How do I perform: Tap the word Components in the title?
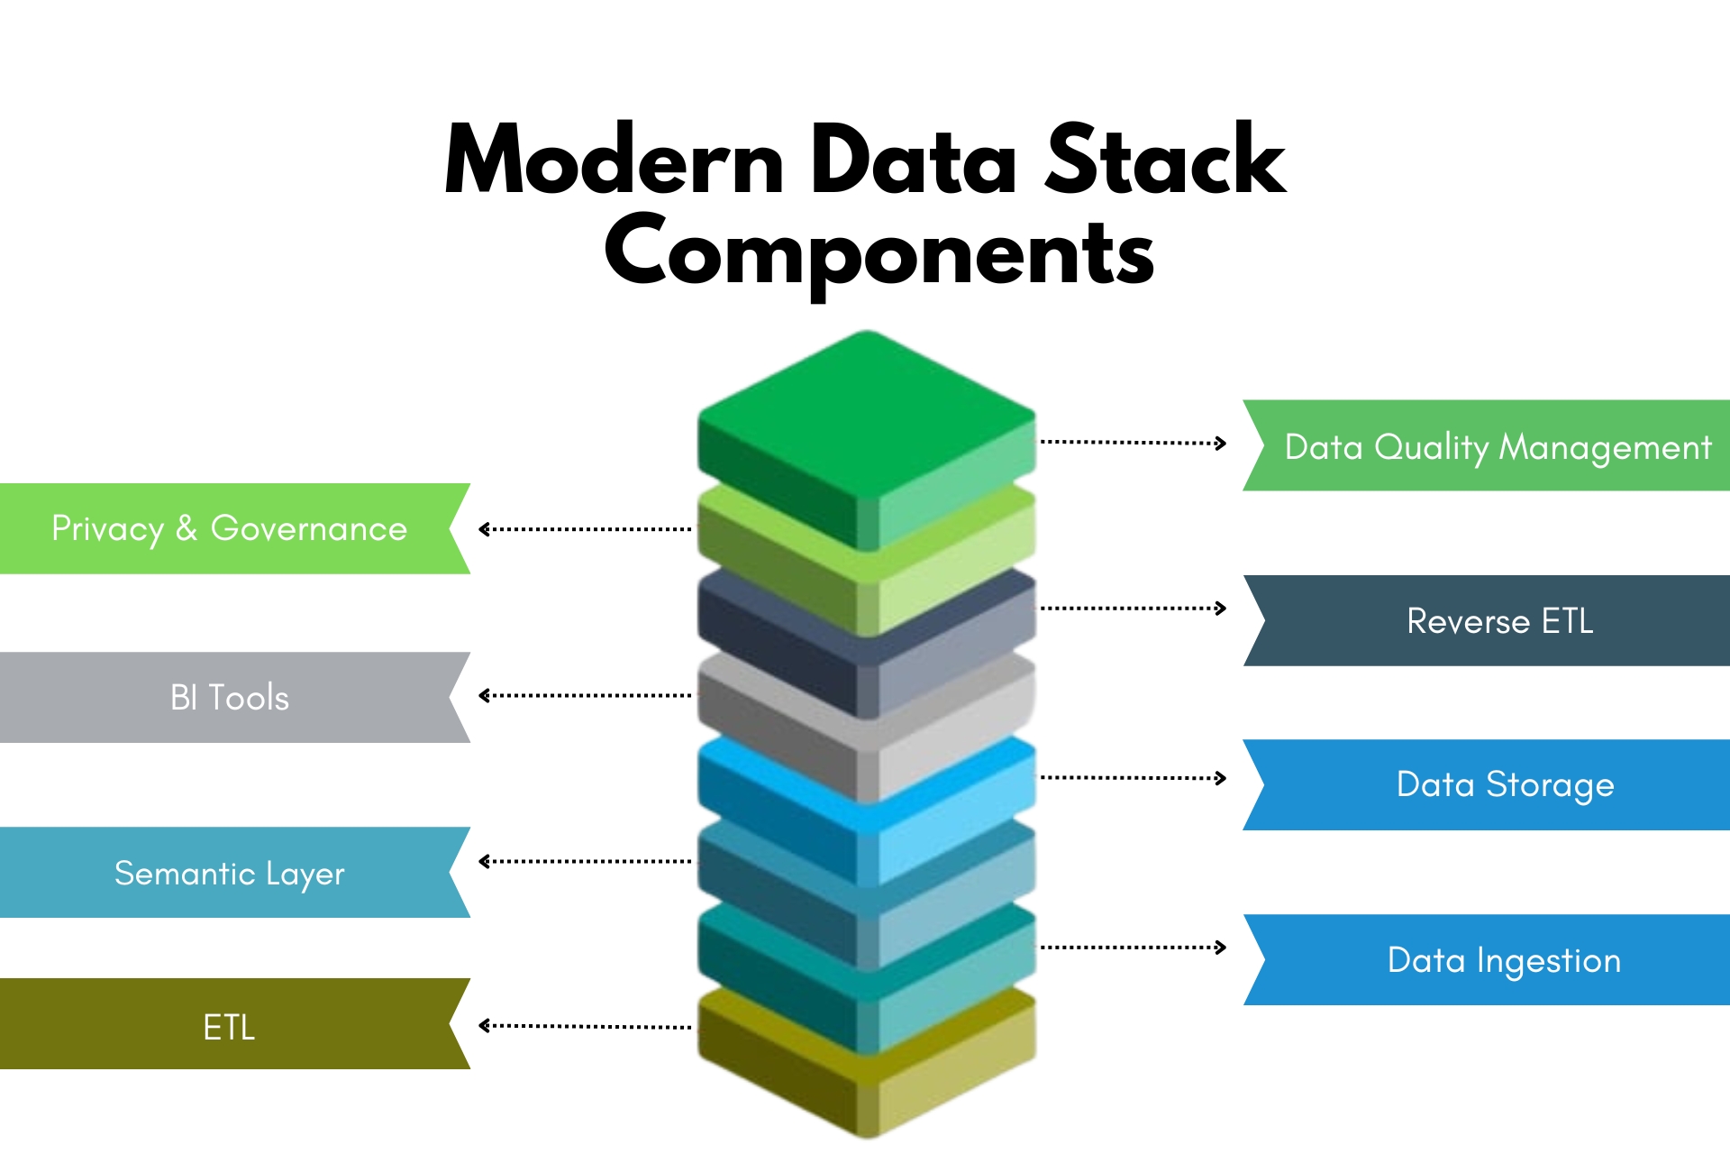click(x=879, y=252)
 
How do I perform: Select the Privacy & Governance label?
click(x=230, y=528)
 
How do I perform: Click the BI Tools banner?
click(x=230, y=697)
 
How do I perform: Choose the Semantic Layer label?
click(x=230, y=873)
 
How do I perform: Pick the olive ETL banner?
click(x=230, y=1026)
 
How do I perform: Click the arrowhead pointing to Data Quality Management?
click(x=1221, y=443)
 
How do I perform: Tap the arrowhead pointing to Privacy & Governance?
click(x=484, y=529)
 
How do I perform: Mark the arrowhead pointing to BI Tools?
click(x=484, y=695)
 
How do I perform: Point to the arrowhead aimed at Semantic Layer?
click(x=484, y=862)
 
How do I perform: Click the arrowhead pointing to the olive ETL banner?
click(x=484, y=1026)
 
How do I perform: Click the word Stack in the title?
click(x=1164, y=160)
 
